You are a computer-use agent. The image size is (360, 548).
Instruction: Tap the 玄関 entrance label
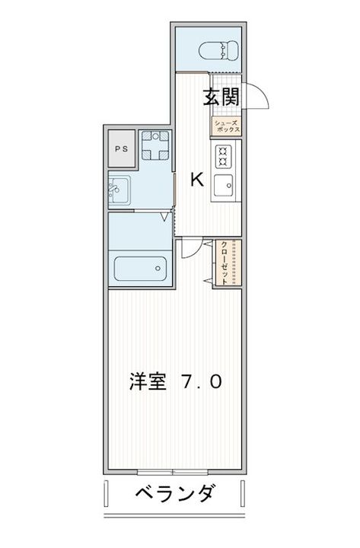click(221, 97)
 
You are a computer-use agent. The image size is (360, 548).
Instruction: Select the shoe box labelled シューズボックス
click(226, 126)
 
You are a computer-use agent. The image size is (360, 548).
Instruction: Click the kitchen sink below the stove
click(224, 186)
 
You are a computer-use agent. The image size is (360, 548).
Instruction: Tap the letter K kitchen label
click(197, 180)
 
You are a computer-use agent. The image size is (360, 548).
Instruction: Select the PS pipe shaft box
click(122, 148)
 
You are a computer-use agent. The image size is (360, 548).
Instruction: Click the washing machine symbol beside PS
click(155, 145)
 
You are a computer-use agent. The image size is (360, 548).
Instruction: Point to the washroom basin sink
click(119, 190)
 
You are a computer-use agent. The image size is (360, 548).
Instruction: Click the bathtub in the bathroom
click(141, 269)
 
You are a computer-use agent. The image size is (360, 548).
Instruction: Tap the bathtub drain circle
click(158, 269)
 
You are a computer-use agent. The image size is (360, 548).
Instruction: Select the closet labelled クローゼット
click(228, 263)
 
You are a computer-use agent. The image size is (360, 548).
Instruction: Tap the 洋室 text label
click(148, 381)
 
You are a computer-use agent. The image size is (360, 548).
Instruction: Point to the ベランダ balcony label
click(174, 493)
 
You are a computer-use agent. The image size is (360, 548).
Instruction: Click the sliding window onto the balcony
click(173, 472)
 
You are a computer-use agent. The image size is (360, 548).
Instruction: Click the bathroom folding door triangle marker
click(165, 217)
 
